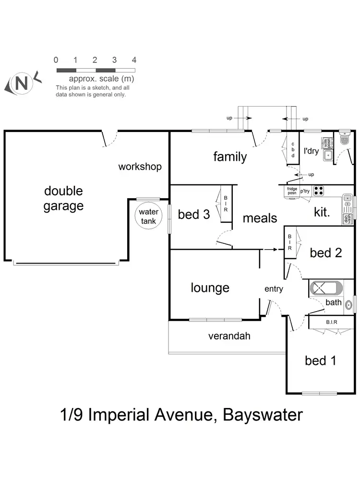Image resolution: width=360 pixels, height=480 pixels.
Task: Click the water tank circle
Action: click(148, 217)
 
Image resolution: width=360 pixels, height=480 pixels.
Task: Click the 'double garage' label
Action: click(63, 198)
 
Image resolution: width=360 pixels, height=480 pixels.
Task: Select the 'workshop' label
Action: click(140, 167)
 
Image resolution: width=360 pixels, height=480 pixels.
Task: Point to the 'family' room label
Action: click(230, 156)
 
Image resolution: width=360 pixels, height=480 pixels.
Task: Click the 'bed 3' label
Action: click(194, 214)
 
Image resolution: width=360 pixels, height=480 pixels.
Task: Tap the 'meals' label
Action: click(260, 218)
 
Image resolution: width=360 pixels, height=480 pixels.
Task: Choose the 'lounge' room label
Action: click(210, 288)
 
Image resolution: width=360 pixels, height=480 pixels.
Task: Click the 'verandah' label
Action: click(229, 336)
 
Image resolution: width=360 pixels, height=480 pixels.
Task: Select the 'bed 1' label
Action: click(321, 360)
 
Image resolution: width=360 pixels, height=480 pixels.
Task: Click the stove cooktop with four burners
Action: click(319, 191)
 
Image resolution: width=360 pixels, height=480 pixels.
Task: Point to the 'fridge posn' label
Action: click(292, 191)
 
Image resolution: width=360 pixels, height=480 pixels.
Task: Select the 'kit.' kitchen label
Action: click(322, 212)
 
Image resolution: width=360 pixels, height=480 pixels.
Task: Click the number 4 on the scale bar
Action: click(134, 60)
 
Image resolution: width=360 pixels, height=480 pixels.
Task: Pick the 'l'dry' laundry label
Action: click(311, 151)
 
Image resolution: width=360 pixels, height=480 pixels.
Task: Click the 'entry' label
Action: click(274, 289)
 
